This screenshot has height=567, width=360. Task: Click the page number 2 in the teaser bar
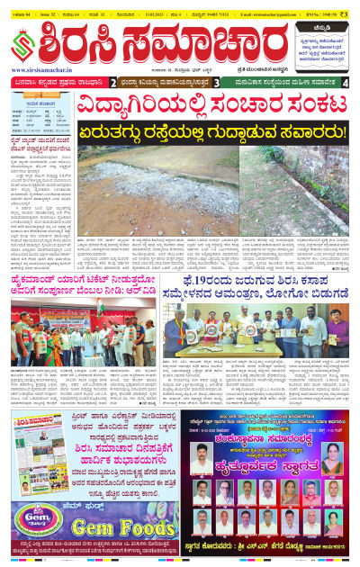[113, 83]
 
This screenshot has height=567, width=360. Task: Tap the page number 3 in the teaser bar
[218, 83]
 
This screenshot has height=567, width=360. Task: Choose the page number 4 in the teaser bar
[346, 83]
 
